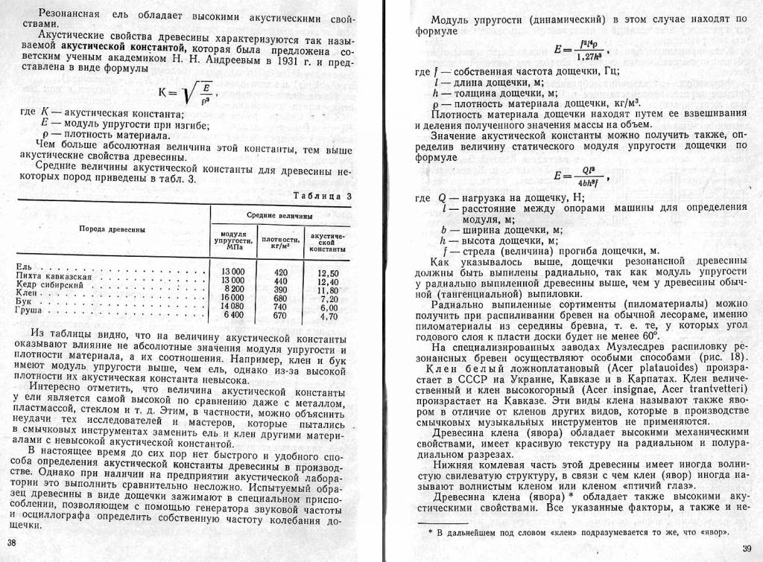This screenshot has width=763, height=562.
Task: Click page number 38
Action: click(10, 541)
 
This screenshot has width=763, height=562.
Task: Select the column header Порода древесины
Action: click(112, 229)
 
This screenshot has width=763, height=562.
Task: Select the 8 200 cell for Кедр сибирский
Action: click(231, 289)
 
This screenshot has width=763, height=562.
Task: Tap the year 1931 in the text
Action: click(278, 61)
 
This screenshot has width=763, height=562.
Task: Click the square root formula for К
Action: click(185, 93)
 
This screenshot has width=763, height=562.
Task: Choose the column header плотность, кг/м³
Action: click(281, 243)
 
